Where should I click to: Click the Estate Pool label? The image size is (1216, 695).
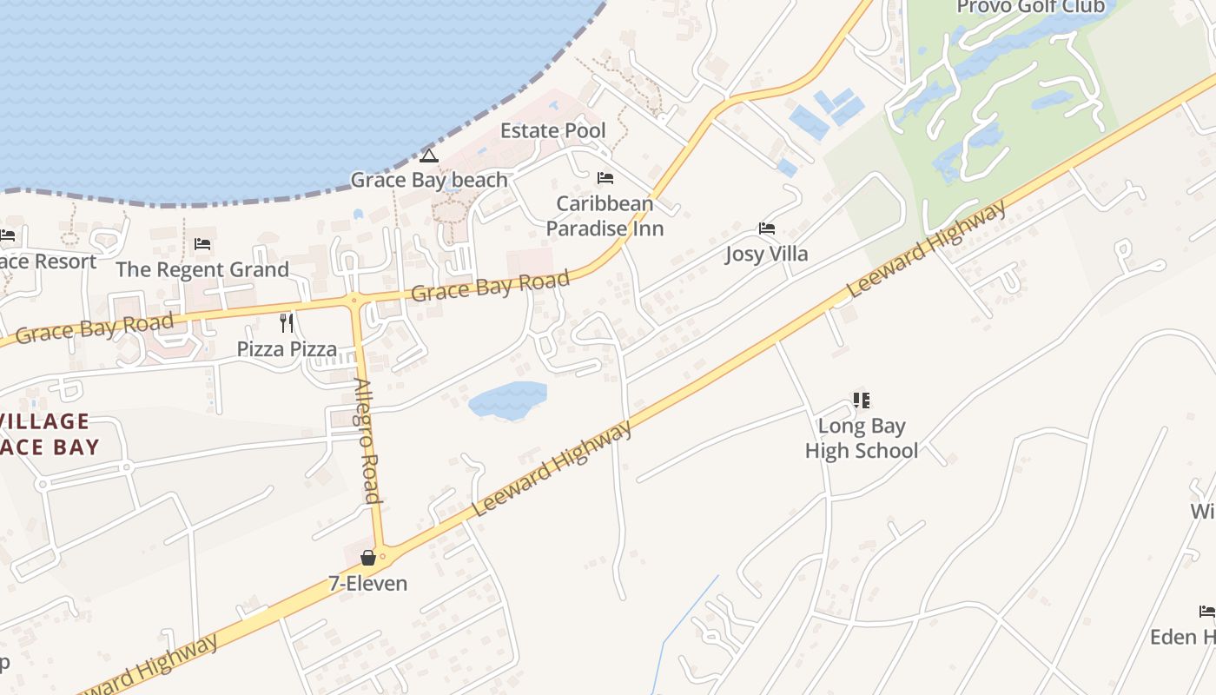pyautogui.click(x=552, y=131)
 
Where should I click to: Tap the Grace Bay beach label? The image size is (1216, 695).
pyautogui.click(x=428, y=180)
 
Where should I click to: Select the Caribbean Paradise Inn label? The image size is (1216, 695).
pyautogui.click(x=605, y=216)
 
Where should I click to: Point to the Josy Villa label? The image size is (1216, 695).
pyautogui.click(x=767, y=254)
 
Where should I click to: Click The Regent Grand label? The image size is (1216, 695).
pyautogui.click(x=202, y=269)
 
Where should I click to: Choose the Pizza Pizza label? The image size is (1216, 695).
pyautogui.click(x=287, y=349)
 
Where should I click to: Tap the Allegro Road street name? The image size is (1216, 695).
pyautogui.click(x=367, y=440)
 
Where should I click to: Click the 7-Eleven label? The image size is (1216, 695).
pyautogui.click(x=367, y=583)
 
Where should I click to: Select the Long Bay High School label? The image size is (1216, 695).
pyautogui.click(x=861, y=438)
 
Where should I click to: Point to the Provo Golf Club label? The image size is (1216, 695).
pyautogui.click(x=1030, y=8)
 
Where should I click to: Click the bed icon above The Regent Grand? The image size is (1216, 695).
pyautogui.click(x=202, y=244)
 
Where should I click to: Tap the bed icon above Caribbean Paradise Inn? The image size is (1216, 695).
pyautogui.click(x=605, y=178)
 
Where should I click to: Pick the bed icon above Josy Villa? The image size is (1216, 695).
pyautogui.click(x=767, y=228)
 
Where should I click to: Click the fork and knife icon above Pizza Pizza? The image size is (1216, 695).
pyautogui.click(x=287, y=323)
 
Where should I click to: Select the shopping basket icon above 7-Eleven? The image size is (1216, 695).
pyautogui.click(x=368, y=558)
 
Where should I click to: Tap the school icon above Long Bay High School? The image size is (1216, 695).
pyautogui.click(x=861, y=400)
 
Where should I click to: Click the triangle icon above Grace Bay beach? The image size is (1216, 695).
pyautogui.click(x=427, y=156)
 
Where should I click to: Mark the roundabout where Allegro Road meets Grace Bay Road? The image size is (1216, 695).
pyautogui.click(x=354, y=301)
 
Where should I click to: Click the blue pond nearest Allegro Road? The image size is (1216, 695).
pyautogui.click(x=508, y=400)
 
